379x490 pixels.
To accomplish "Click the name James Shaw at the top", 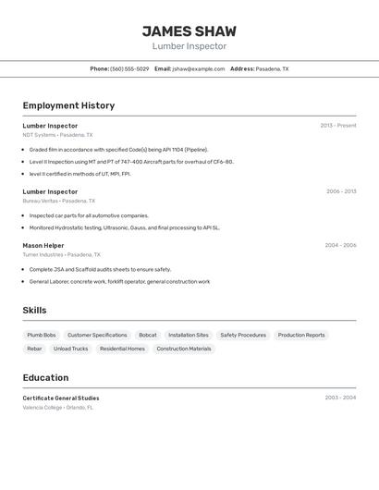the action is (x=189, y=31).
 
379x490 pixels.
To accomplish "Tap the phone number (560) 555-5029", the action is (x=129, y=68).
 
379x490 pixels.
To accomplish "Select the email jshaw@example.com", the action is (x=198, y=68).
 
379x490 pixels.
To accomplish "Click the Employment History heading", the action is (x=68, y=105).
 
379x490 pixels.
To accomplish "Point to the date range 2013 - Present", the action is (x=338, y=126).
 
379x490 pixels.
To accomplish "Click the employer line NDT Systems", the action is (x=57, y=135).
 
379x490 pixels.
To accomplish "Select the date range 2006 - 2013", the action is (x=341, y=191).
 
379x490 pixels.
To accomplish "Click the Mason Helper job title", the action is (x=43, y=245).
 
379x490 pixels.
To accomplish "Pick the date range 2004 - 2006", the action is (x=340, y=245).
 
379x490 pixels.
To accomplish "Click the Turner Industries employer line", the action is (x=61, y=254).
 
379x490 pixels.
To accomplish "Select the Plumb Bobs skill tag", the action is (x=42, y=335).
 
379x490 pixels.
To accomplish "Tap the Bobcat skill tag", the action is (x=148, y=335).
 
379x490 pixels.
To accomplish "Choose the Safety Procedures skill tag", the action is (x=243, y=335).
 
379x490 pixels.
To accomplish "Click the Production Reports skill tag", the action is (x=301, y=335).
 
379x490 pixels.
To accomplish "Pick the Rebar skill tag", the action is (x=34, y=349).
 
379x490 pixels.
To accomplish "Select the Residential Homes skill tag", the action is (x=122, y=349).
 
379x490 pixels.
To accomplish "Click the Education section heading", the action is (x=45, y=377).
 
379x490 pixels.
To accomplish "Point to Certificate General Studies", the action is (x=61, y=398).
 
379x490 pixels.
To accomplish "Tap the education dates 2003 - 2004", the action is (x=340, y=398).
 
